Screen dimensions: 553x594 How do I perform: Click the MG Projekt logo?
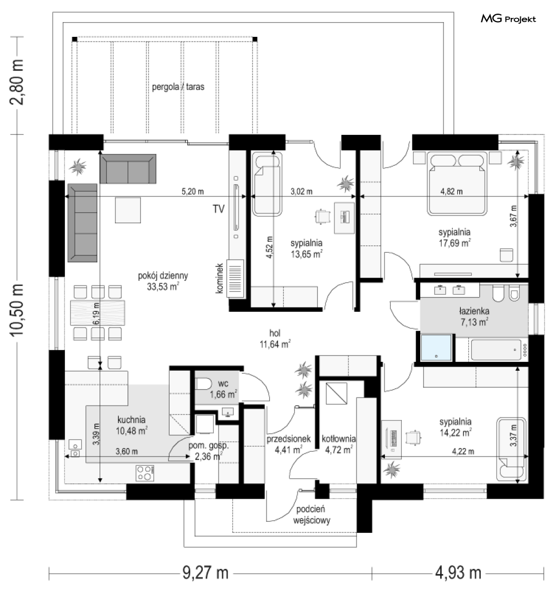pyautogui.click(x=508, y=18)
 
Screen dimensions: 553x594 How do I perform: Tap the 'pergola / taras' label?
pyautogui.click(x=178, y=87)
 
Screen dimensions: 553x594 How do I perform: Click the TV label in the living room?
pyautogui.click(x=219, y=209)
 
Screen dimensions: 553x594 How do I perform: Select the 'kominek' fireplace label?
pyautogui.click(x=219, y=278)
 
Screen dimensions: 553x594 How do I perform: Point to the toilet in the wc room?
pyautogui.click(x=203, y=384)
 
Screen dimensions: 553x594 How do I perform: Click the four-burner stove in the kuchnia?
pyautogui.click(x=145, y=473)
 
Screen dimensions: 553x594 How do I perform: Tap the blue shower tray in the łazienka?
pyautogui.click(x=436, y=347)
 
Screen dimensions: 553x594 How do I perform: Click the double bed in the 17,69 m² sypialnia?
pyautogui.click(x=457, y=183)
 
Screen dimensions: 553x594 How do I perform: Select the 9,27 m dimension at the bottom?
pyautogui.click(x=206, y=572)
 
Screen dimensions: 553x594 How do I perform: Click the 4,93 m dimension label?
pyautogui.click(x=458, y=572)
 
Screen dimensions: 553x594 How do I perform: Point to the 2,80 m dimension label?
pyautogui.click(x=17, y=82)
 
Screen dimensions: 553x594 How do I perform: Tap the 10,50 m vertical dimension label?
pyautogui.click(x=17, y=310)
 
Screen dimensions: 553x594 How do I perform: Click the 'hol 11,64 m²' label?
pyautogui.click(x=275, y=339)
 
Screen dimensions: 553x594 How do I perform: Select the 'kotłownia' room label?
pyautogui.click(x=339, y=439)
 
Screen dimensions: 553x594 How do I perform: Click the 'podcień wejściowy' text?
pyautogui.click(x=311, y=514)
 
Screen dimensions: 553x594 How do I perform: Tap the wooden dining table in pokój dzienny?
pyautogui.click(x=97, y=312)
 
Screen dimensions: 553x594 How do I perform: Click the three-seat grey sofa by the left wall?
pyautogui.click(x=82, y=223)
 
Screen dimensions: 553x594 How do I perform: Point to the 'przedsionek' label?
pyautogui.click(x=289, y=439)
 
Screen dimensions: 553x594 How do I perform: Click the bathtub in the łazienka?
pyautogui.click(x=496, y=350)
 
